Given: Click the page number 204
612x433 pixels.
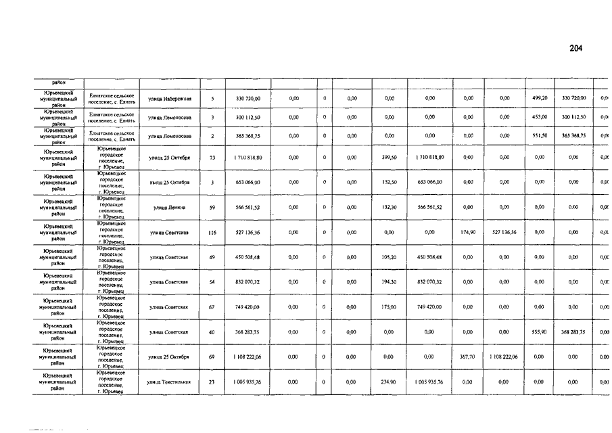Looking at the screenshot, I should pyautogui.click(x=576, y=48).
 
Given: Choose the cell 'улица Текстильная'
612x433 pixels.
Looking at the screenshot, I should pyautogui.click(x=169, y=382).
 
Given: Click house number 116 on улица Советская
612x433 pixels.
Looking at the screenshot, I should pyautogui.click(x=212, y=232).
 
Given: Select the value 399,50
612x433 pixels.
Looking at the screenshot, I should pyautogui.click(x=389, y=158).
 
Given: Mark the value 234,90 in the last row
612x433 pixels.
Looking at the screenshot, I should pyautogui.click(x=389, y=382).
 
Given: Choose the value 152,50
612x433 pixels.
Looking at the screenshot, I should pyautogui.click(x=389, y=183).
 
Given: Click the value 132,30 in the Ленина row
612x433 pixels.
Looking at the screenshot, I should pyautogui.click(x=389, y=207).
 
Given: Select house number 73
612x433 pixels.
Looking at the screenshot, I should pyautogui.click(x=212, y=158).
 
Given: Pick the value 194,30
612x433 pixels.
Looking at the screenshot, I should pyautogui.click(x=389, y=282).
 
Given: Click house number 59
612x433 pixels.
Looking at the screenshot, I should pyautogui.click(x=212, y=207).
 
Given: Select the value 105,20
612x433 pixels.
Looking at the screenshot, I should pyautogui.click(x=389, y=257).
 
